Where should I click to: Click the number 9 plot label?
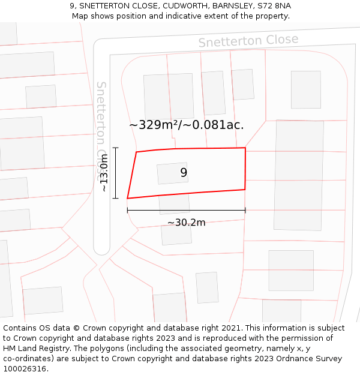click(184, 173)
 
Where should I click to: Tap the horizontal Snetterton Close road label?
click(248, 41)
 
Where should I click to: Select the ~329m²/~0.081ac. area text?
click(186, 125)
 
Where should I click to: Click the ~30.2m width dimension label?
click(186, 223)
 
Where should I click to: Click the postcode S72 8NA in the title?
click(274, 6)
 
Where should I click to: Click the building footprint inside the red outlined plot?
click(172, 173)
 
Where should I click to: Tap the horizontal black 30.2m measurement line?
click(186, 210)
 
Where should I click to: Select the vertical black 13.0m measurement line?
click(115, 173)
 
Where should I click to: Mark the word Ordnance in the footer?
click(287, 359)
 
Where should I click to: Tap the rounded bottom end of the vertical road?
click(102, 247)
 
